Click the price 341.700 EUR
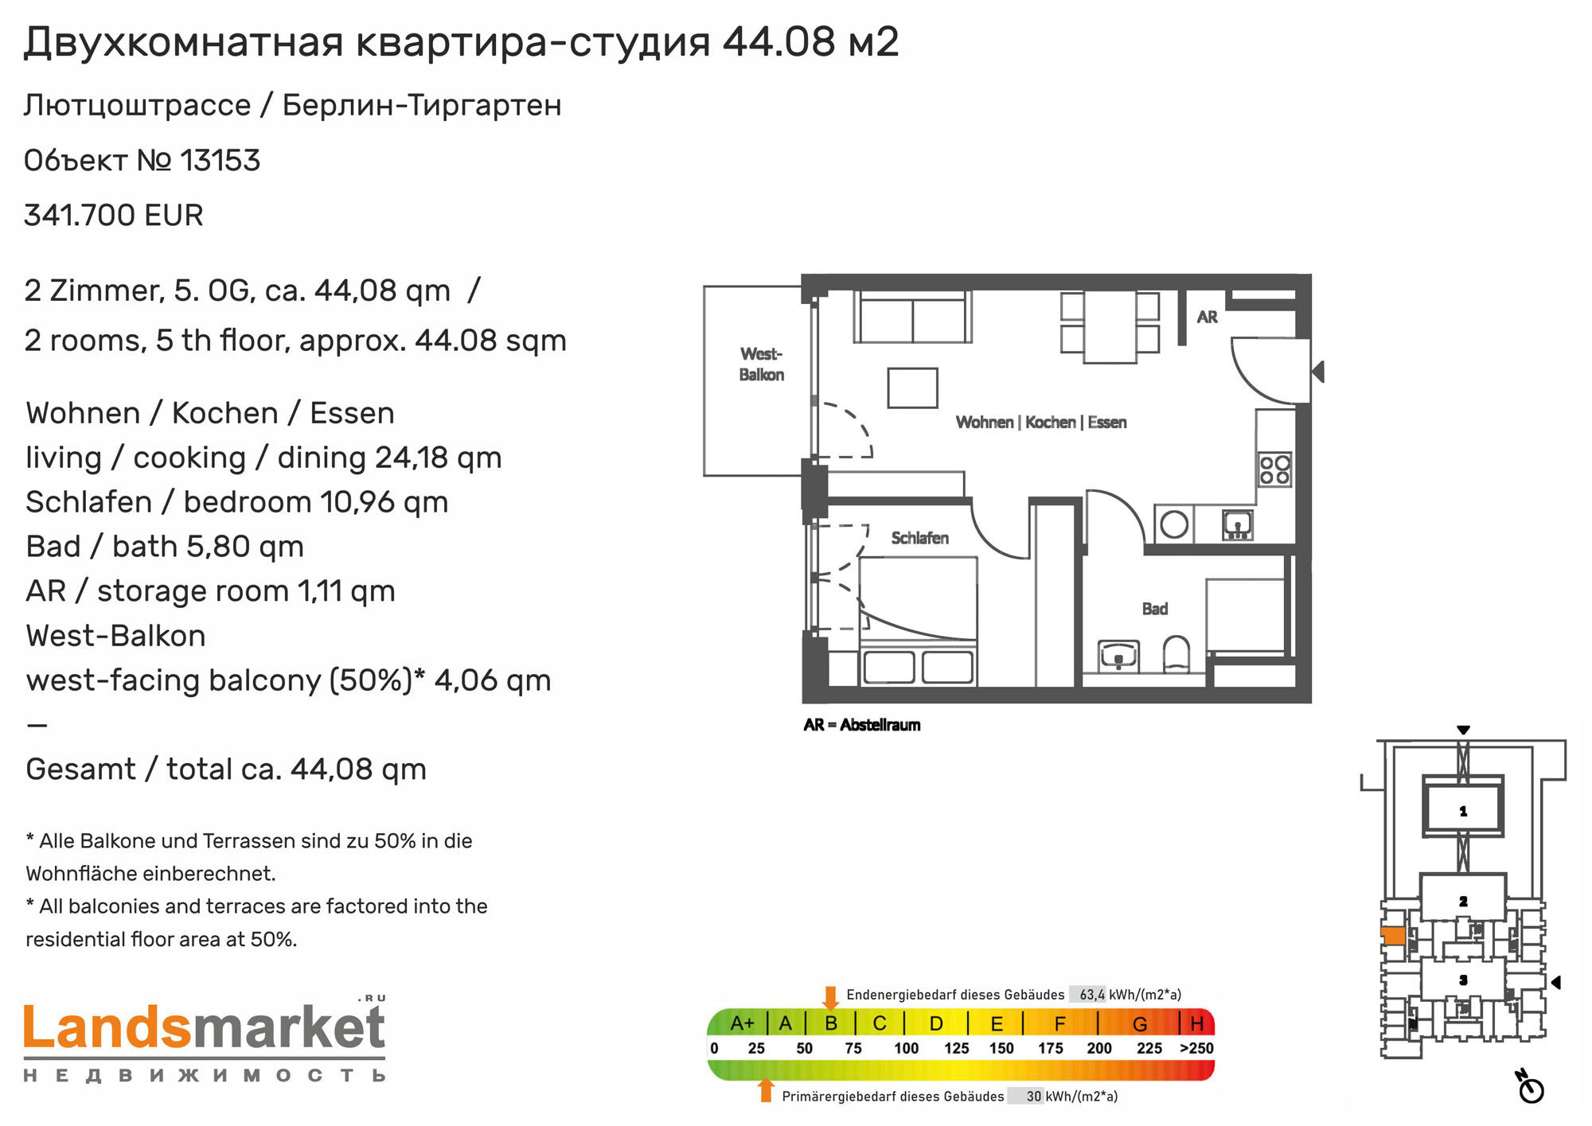click(x=114, y=215)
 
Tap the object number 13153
click(x=220, y=161)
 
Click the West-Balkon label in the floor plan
click(x=762, y=364)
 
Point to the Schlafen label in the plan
click(x=920, y=538)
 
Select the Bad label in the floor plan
click(x=1155, y=609)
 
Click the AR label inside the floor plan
click(x=1208, y=317)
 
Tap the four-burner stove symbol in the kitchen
click(x=1274, y=469)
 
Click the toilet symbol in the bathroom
click(x=1176, y=654)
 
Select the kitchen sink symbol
click(x=1238, y=525)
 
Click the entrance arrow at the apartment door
click(x=1318, y=372)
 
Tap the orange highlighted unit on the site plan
click(x=1393, y=936)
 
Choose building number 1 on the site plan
click(x=1463, y=811)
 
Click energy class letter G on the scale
click(x=1140, y=1023)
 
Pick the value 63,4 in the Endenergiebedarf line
click(x=1092, y=995)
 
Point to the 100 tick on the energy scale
click(x=907, y=1048)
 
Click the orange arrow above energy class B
click(x=831, y=998)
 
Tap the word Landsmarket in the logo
click(x=205, y=1027)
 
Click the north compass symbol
click(x=1530, y=1087)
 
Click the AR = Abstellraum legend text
click(x=862, y=725)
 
